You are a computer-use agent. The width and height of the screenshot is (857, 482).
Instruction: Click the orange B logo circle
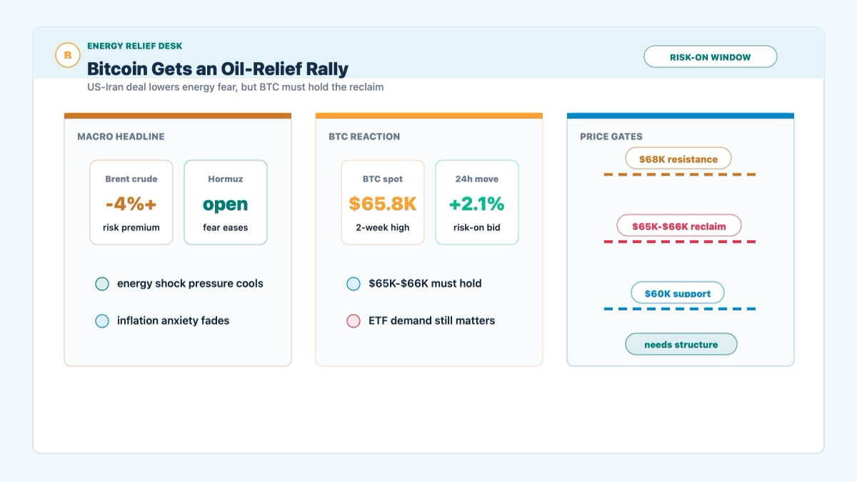pyautogui.click(x=68, y=55)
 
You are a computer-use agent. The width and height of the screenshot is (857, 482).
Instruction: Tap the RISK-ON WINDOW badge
pyautogui.click(x=710, y=57)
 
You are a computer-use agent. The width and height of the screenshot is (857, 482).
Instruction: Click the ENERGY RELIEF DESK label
pyautogui.click(x=135, y=46)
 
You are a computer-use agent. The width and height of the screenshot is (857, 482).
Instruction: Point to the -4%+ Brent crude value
pyautogui.click(x=131, y=204)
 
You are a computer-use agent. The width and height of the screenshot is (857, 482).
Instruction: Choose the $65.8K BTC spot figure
pyautogui.click(x=383, y=204)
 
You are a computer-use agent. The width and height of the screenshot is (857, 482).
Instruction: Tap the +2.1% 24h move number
pyautogui.click(x=477, y=204)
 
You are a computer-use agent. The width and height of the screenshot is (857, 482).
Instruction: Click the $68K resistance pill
pyautogui.click(x=678, y=159)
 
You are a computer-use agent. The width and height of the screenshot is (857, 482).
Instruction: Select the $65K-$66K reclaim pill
pyautogui.click(x=678, y=226)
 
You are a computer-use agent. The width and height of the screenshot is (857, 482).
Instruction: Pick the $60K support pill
pyautogui.click(x=678, y=293)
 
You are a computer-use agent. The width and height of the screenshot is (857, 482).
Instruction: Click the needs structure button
pyautogui.click(x=681, y=344)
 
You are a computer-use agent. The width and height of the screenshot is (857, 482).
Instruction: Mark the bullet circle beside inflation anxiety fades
pyautogui.click(x=102, y=321)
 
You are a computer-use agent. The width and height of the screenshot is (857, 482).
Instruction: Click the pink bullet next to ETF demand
pyautogui.click(x=354, y=321)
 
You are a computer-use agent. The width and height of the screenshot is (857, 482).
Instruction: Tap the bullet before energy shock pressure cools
pyautogui.click(x=102, y=284)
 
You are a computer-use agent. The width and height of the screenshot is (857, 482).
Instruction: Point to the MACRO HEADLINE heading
pyautogui.click(x=121, y=136)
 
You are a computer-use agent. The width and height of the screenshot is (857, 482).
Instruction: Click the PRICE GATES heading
pyautogui.click(x=611, y=136)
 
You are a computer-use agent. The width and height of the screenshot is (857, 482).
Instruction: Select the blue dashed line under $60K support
pyautogui.click(x=680, y=308)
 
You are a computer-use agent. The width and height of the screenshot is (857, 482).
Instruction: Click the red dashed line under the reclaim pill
pyautogui.click(x=680, y=242)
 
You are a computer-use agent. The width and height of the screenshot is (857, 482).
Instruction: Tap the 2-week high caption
pyautogui.click(x=383, y=228)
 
